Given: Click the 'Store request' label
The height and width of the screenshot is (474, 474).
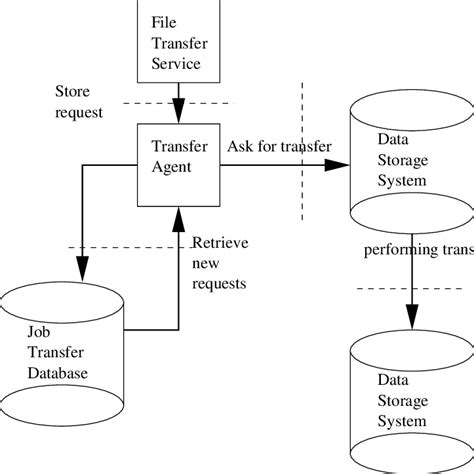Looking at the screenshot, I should (79, 102).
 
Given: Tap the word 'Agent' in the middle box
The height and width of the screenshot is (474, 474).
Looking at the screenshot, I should (172, 168).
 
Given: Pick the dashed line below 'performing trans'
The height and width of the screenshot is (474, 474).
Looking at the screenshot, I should (410, 289).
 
